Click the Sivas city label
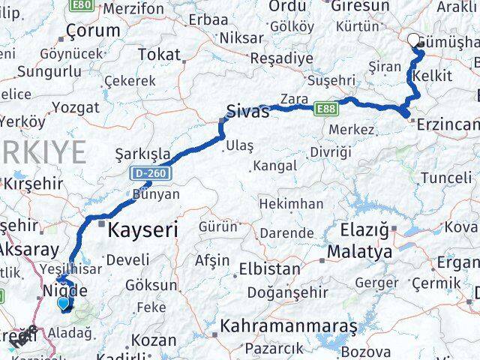tap(248, 112)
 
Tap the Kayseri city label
tap(143, 229)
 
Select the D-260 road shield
tap(152, 173)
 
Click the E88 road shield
tap(325, 109)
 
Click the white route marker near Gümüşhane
tap(413, 41)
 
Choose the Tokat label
tap(160, 55)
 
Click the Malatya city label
tap(360, 252)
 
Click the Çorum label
tap(93, 31)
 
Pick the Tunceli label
tap(445, 178)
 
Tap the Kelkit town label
tap(433, 76)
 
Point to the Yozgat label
tap(76, 107)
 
